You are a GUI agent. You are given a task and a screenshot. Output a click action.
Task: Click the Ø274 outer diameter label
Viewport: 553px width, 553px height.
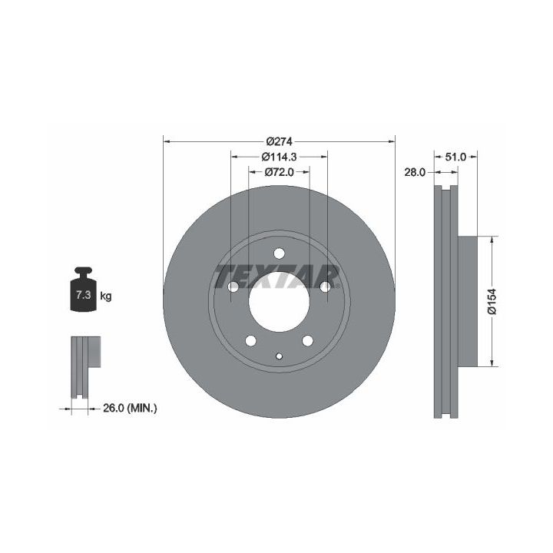coord(280,141)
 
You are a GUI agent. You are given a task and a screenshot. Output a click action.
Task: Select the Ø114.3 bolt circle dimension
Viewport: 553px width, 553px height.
coord(279,157)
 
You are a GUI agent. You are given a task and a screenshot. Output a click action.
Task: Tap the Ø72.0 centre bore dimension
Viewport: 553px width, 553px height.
coord(279,172)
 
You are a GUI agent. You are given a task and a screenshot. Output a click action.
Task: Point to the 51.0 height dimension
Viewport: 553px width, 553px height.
coord(455,157)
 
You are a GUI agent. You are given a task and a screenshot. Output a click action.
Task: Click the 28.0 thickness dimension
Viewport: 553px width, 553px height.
coord(415,172)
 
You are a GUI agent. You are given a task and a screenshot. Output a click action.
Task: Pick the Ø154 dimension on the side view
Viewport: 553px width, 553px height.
coord(492,301)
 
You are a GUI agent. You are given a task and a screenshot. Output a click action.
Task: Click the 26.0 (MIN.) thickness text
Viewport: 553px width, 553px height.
coord(130,408)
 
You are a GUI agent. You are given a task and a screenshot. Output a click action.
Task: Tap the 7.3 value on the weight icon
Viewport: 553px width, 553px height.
coord(83,295)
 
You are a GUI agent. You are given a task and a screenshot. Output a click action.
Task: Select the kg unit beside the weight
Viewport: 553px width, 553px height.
coord(106,296)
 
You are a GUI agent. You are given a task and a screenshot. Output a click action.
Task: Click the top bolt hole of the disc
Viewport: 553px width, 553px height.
coord(279,253)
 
